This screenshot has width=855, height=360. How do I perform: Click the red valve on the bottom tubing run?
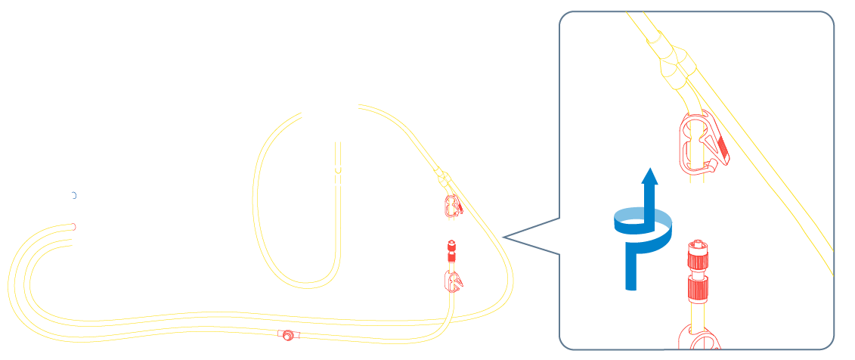coord(288,335)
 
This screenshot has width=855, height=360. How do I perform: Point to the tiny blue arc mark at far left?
coord(74,195)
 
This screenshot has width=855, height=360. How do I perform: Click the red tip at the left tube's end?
coord(74,226)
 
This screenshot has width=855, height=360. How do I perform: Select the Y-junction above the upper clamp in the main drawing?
coord(443,179)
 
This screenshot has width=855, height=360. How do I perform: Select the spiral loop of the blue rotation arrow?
coord(641,226)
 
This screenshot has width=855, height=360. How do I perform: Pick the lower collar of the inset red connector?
coord(699,287)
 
